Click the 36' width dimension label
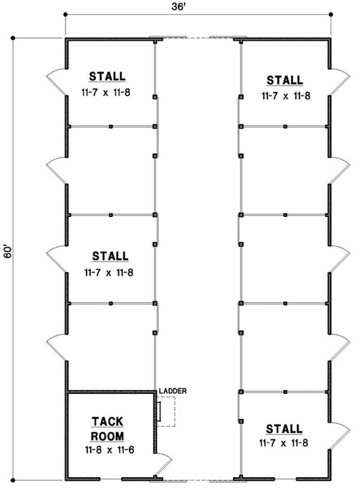click(198, 8)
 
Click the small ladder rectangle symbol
click(159, 410)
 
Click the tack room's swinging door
click(164, 465)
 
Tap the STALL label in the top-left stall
click(107, 77)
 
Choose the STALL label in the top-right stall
click(285, 80)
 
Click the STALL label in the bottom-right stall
click(284, 428)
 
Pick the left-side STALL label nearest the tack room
click(110, 256)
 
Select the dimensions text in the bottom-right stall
click(284, 443)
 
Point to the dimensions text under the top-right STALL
click(285, 96)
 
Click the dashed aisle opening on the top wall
click(198, 39)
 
